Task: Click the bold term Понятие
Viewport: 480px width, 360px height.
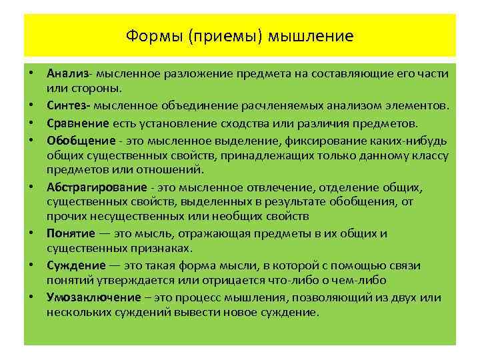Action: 70,233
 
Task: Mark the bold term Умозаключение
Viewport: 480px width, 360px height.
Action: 89,297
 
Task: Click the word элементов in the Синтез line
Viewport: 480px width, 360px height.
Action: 416,105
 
